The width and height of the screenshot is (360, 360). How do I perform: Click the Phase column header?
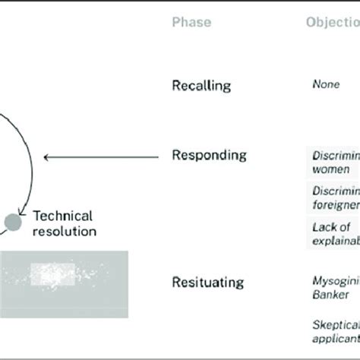point(192,23)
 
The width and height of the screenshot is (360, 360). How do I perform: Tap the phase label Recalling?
point(201,86)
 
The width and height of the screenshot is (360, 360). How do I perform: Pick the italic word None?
point(326,85)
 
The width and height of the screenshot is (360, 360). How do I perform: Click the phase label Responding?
point(210,156)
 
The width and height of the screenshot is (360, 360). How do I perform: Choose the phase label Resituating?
point(208,283)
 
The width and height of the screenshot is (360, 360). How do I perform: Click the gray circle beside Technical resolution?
point(13,221)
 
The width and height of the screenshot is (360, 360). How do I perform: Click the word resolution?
point(64,230)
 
